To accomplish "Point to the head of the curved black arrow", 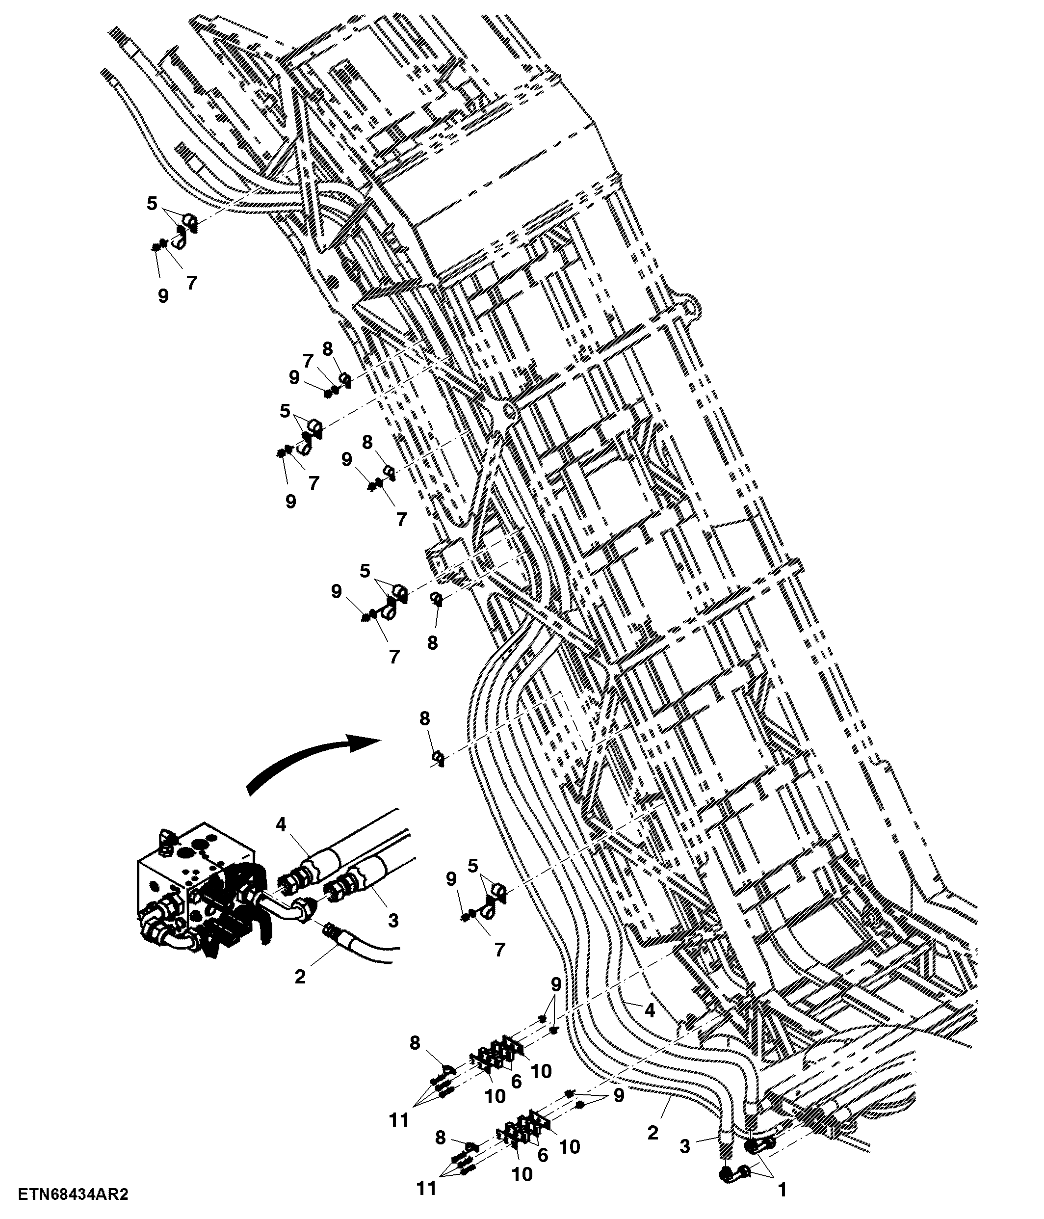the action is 367,742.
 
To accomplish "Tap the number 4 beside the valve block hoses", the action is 281,825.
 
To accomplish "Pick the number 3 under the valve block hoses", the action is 393,920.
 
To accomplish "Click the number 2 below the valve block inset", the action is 300,977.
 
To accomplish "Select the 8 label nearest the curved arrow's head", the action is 425,718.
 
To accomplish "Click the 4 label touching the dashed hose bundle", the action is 650,1010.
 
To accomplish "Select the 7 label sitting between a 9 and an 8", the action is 308,361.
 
